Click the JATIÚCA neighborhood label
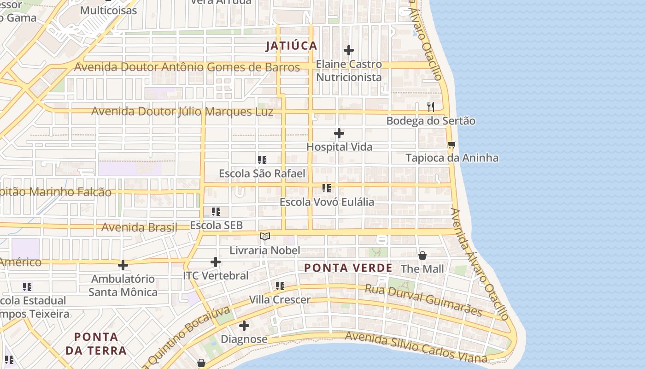coord(292,46)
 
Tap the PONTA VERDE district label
coord(348,268)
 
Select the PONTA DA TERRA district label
coord(96,344)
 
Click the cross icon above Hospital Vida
coord(339,134)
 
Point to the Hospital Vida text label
coord(340,147)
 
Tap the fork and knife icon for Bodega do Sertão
coord(431,107)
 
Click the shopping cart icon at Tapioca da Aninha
coord(451,145)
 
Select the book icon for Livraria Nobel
coord(265,237)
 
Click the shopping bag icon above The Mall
coord(422,256)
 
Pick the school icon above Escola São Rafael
coord(262,160)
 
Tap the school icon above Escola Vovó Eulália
coord(327,188)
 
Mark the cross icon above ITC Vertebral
coord(216,262)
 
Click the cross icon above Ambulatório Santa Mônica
coord(123,265)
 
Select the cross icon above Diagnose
coord(244,326)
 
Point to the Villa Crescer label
coord(280,300)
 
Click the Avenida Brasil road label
coord(139,227)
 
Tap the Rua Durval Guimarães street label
coord(423,300)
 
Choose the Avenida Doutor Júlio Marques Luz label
coord(182,112)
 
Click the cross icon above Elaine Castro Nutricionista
coord(349,50)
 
